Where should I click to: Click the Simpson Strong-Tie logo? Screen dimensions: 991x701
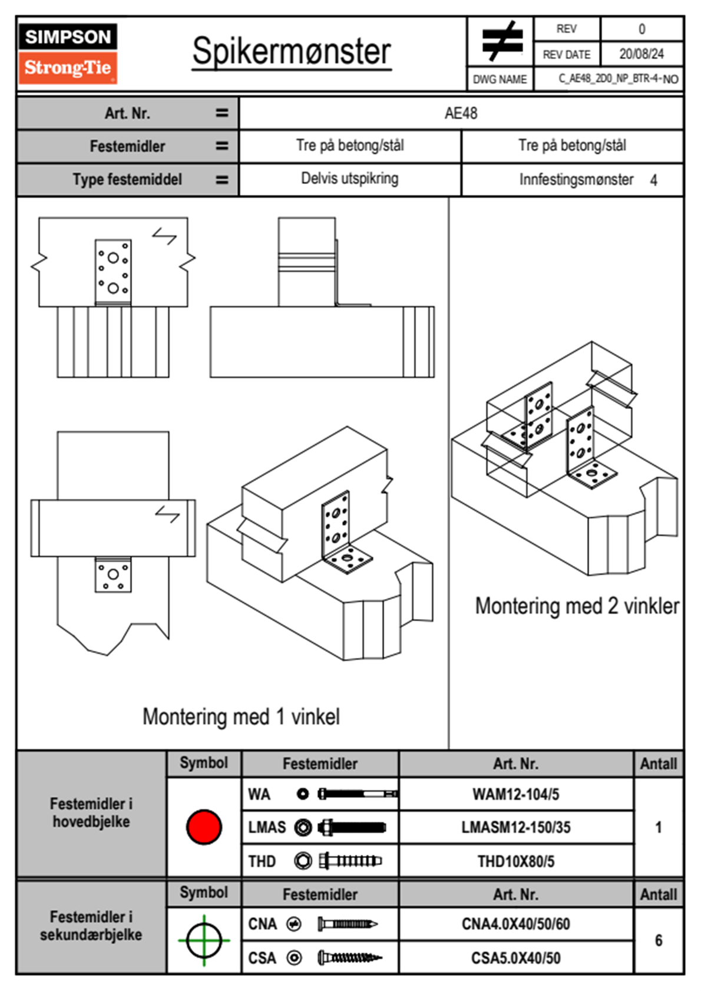point(68,54)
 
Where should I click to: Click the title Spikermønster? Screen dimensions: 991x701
point(292,51)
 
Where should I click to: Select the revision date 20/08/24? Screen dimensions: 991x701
point(641,54)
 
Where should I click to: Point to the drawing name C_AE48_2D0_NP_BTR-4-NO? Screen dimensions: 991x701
point(618,79)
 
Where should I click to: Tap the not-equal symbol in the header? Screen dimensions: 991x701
point(501,41)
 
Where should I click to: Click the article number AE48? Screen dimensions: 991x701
point(461,113)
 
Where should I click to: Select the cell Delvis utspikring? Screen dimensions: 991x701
point(349,179)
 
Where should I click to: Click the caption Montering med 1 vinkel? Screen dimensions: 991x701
point(241,716)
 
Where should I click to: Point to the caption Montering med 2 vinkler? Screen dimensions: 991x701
point(577,606)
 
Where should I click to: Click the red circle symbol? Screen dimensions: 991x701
point(204,827)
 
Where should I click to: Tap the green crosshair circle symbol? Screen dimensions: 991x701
point(204,940)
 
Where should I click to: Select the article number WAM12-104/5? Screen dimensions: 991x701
point(515,794)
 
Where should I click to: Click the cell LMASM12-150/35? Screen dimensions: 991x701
point(515,827)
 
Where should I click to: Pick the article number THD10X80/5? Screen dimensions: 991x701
point(515,861)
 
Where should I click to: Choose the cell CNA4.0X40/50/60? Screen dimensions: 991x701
point(515,924)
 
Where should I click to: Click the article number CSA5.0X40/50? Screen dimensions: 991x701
point(515,958)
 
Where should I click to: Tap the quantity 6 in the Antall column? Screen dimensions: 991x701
point(659,940)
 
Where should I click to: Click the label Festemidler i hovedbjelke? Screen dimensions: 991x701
point(91,812)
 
